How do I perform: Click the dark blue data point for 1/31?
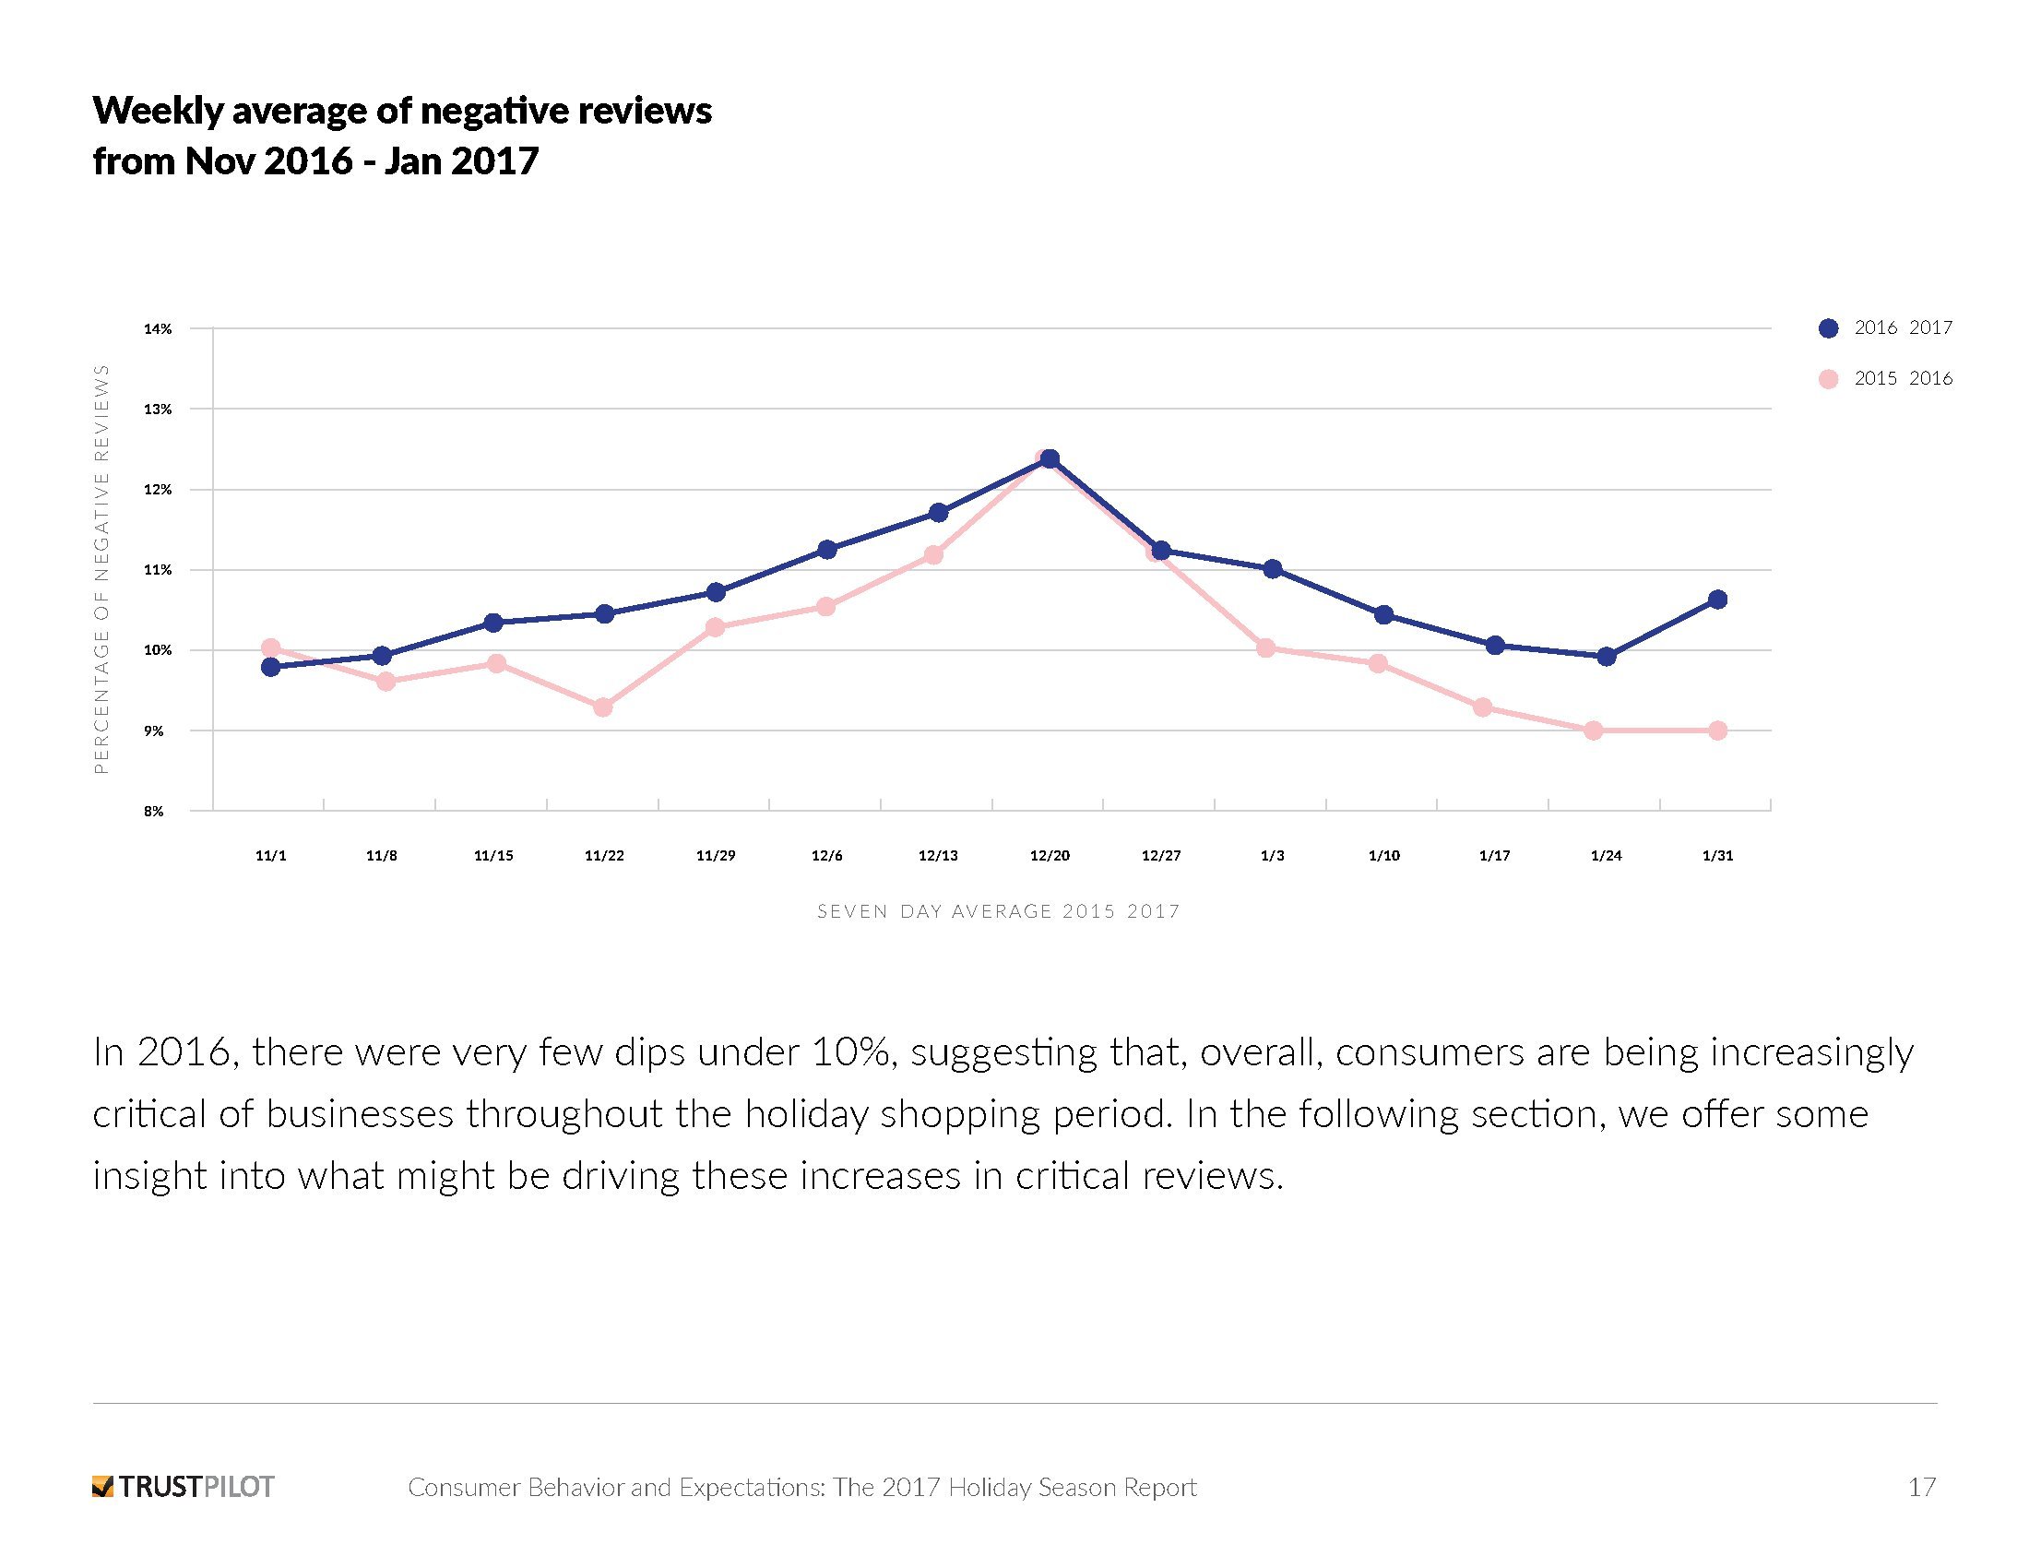[1717, 600]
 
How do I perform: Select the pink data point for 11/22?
[603, 707]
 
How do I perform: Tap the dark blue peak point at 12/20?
[1050, 459]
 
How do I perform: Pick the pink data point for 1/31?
[1717, 731]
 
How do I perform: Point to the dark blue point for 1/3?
[1273, 568]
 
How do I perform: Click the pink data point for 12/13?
[933, 554]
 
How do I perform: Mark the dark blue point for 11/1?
[271, 667]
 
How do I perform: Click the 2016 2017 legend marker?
[1827, 328]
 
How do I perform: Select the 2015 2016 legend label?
[1903, 378]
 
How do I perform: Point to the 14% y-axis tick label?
[158, 329]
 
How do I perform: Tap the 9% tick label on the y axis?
[153, 731]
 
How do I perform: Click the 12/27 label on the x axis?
[1160, 856]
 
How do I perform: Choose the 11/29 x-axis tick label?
[716, 856]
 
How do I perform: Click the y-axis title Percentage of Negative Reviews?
[102, 568]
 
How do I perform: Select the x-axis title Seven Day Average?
[998, 911]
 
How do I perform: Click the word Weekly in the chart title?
[157, 111]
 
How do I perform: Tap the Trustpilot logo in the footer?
[183, 1486]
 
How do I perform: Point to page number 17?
[1921, 1486]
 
